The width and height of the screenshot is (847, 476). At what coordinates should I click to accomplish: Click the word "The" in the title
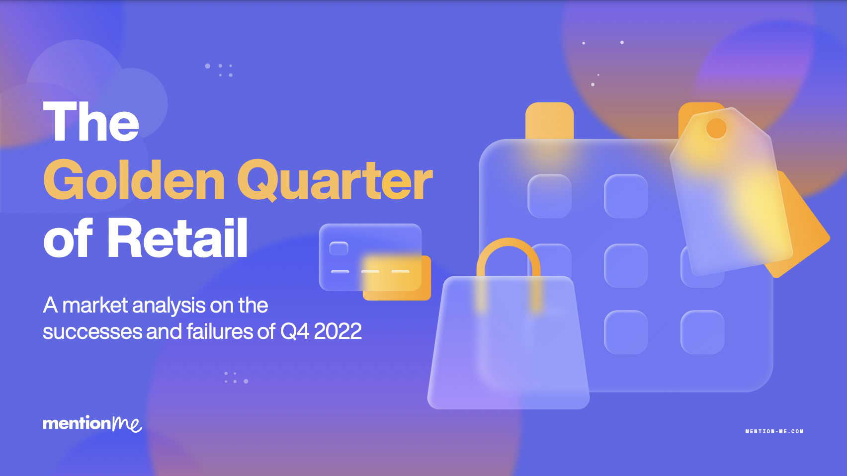coord(91,122)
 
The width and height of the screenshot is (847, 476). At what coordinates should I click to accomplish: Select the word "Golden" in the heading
coord(134,180)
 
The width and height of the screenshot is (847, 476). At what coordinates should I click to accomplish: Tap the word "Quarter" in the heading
coord(335,180)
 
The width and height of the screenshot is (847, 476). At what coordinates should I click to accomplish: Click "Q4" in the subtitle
coord(294,331)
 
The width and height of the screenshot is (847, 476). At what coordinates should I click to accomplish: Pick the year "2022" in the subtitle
coord(338,331)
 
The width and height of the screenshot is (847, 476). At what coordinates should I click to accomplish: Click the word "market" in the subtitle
coord(95,306)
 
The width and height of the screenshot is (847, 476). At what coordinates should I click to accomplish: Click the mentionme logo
coord(92,424)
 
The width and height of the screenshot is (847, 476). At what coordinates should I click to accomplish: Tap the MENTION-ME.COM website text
coord(774,431)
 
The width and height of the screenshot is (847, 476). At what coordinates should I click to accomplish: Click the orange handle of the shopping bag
coord(508,248)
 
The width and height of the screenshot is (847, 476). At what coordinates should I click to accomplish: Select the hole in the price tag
coord(716,128)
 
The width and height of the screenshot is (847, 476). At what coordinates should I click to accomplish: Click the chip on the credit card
coord(339,248)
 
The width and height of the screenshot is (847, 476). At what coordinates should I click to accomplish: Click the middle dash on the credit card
coord(370,272)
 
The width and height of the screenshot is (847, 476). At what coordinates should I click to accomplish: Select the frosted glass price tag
coord(731,199)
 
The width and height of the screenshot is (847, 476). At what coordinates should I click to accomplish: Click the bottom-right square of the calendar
coord(702,332)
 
